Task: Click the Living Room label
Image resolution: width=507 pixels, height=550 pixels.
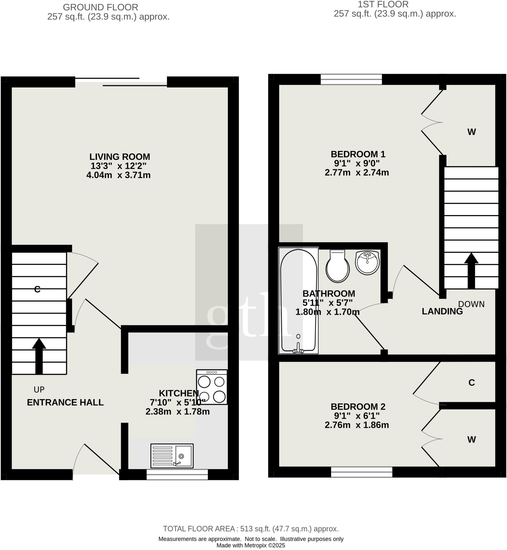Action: [x=120, y=157]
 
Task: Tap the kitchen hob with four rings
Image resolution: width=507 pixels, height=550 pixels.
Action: [x=212, y=387]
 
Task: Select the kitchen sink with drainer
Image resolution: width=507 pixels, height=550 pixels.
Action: [x=172, y=456]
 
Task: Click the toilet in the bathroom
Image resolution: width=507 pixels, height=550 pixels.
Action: [x=337, y=266]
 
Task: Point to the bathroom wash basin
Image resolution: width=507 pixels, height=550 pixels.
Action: [x=367, y=262]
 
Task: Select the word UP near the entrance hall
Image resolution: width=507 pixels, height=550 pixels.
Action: [x=39, y=389]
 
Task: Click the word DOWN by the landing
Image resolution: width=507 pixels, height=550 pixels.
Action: [x=471, y=304]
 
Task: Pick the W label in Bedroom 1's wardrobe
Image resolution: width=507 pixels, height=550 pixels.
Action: [x=471, y=132]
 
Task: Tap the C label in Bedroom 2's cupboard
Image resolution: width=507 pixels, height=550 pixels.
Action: [x=471, y=383]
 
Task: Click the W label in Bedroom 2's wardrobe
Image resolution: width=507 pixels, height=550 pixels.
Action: [x=471, y=440]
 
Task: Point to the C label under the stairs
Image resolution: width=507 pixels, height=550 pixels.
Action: [x=37, y=289]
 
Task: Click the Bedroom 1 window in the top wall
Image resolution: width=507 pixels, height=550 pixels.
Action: [x=351, y=79]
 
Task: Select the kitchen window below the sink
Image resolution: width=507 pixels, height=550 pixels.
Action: [x=177, y=474]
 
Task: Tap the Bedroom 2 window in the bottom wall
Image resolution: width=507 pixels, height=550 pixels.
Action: [x=362, y=472]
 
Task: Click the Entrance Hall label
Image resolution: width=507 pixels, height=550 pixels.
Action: [x=65, y=402]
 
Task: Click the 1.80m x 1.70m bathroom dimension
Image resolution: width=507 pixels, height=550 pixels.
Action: [x=327, y=312]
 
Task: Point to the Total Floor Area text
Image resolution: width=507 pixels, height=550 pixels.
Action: [x=251, y=529]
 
